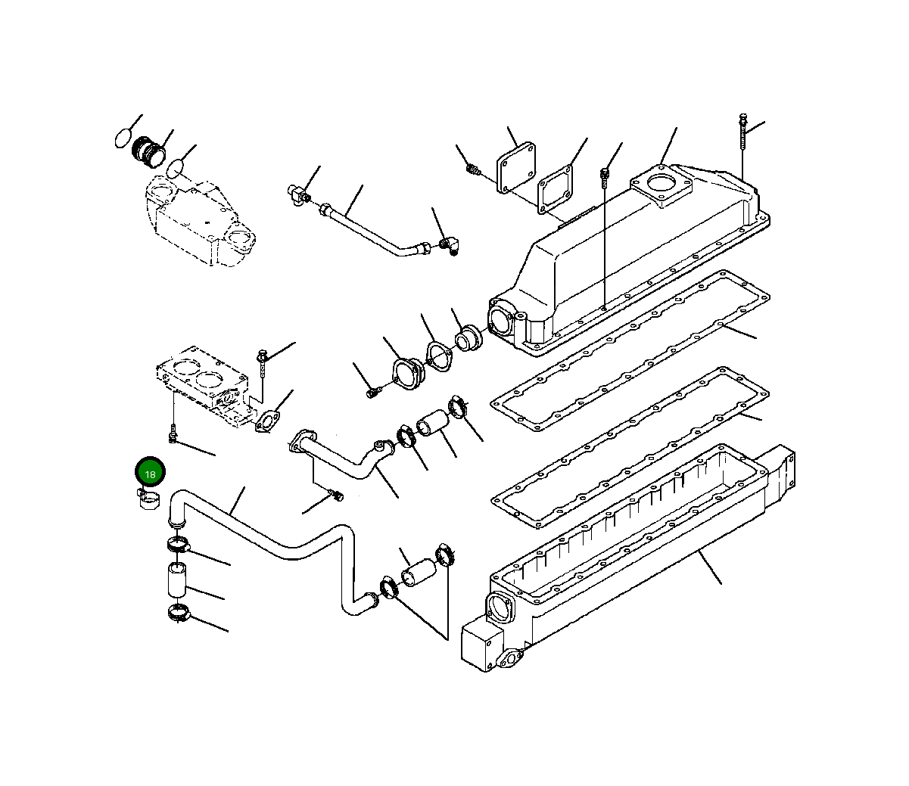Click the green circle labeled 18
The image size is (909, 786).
tap(150, 474)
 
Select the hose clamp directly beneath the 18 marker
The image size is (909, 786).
tap(150, 499)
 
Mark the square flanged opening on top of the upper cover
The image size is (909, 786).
tap(662, 186)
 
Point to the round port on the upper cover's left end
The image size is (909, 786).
tap(502, 318)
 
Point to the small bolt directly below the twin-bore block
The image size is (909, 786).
tap(173, 435)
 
